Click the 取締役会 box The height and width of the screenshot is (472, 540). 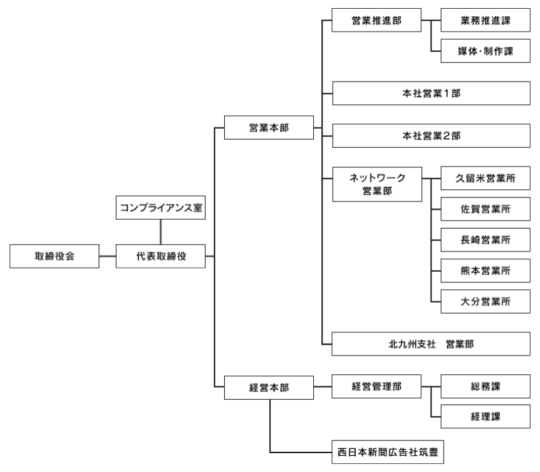[54, 257]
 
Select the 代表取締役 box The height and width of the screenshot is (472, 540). [161, 257]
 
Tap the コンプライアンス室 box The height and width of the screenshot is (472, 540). [161, 208]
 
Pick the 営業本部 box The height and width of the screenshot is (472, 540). [269, 127]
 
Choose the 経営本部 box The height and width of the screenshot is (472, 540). [269, 387]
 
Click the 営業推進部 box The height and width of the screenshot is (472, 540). [376, 21]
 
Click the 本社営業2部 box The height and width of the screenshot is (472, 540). [431, 136]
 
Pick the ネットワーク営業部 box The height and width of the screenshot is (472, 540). [377, 183]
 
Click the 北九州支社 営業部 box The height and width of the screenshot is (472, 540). [431, 344]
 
